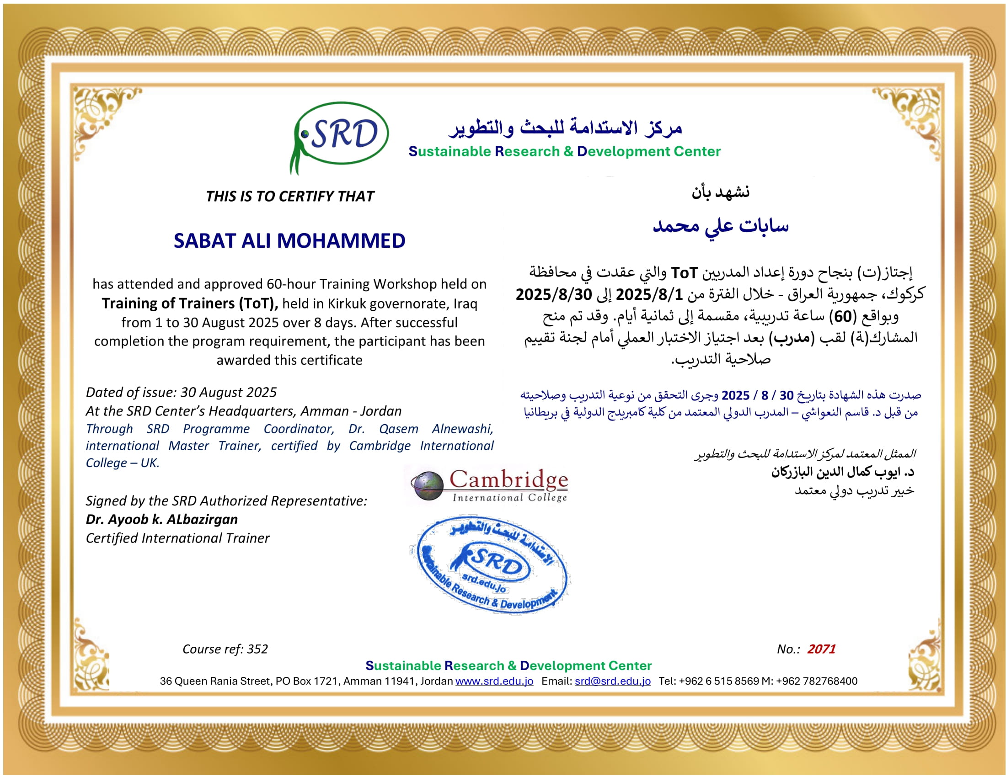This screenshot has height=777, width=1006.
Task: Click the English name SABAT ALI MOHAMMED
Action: pos(289,241)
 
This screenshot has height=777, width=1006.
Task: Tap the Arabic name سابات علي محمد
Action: pos(720,226)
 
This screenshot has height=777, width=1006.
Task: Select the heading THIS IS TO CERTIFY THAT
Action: pos(290,197)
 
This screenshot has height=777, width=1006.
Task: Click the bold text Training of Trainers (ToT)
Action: pos(189,304)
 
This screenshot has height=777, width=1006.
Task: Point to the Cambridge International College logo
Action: pos(490,485)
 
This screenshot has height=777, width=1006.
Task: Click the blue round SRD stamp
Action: pos(490,564)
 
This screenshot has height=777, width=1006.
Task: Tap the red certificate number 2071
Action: pos(821,649)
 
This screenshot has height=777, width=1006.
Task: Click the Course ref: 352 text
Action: pos(225,649)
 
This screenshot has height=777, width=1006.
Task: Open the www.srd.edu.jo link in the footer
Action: pos(494,681)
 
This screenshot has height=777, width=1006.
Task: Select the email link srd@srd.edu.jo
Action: pos(613,681)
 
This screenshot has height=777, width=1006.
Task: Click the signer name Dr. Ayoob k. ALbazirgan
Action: pos(162,520)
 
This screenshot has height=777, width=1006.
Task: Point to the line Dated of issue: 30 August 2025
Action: pos(181,392)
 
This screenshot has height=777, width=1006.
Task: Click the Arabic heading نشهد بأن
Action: pos(720,192)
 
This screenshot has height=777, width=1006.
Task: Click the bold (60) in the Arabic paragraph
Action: pos(842,317)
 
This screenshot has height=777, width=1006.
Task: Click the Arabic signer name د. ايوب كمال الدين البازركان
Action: pos(842,472)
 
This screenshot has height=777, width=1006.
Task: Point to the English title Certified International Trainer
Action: pos(178,538)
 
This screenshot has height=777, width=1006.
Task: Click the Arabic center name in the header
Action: pos(566,128)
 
